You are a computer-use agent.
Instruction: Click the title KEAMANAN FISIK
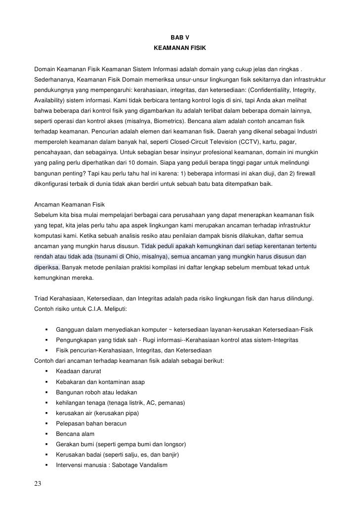coord(180,49)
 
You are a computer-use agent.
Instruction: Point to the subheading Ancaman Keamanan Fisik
coord(70,205)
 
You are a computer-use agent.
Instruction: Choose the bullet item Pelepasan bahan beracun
coord(91,424)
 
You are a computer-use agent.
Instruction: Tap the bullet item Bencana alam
coord(75,434)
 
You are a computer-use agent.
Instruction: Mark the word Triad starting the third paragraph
coord(43,298)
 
